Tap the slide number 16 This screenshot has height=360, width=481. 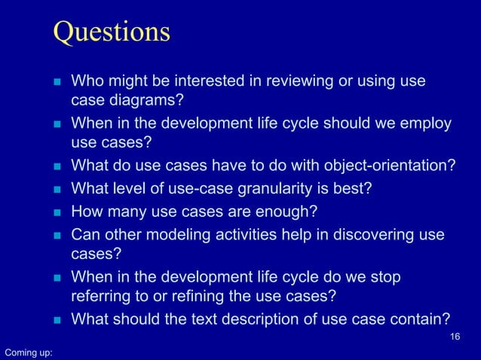[454, 336]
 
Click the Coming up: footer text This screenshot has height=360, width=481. [28, 352]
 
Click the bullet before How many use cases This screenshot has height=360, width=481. [56, 211]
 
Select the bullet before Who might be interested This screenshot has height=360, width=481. [56, 81]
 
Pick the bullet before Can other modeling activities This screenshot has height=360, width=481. [56, 236]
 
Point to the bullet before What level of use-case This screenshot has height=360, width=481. [56, 188]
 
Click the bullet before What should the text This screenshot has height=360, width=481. [56, 319]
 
